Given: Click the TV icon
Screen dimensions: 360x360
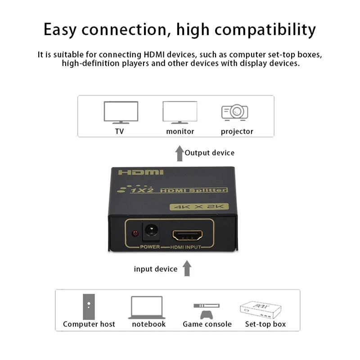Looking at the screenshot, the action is (x=121, y=112).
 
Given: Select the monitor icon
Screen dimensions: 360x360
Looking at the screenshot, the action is (x=180, y=112).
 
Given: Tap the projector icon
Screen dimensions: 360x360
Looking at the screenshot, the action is (x=235, y=112).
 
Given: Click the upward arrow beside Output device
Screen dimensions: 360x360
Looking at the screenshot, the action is (x=179, y=153).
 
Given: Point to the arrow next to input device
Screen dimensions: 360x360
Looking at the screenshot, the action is (x=187, y=269).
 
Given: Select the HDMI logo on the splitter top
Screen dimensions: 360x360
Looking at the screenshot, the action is (x=141, y=172).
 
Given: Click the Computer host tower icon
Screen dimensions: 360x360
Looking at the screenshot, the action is (x=89, y=307).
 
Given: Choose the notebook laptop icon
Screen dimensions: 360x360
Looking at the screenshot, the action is (x=147, y=308).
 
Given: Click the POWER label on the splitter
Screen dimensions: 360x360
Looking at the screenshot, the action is (x=150, y=247).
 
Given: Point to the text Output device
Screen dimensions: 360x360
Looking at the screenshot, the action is (x=210, y=153).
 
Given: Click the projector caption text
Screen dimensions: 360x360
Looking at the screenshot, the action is (x=237, y=131).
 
